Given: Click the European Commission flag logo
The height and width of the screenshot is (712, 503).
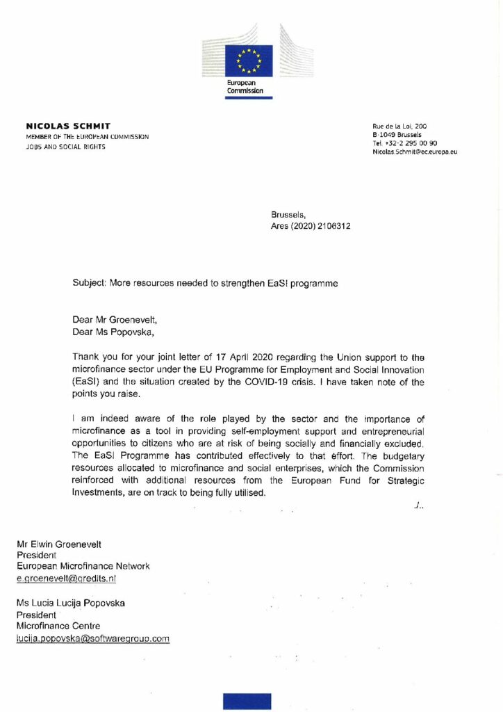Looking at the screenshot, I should click(247, 60).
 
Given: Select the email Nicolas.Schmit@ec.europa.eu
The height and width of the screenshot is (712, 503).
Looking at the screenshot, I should click(415, 151).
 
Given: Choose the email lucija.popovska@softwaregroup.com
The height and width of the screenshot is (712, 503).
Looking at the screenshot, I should click(93, 638).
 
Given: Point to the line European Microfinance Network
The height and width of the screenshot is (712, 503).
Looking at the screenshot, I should click(83, 566).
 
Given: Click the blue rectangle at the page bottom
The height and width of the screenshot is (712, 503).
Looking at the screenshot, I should click(247, 701).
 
